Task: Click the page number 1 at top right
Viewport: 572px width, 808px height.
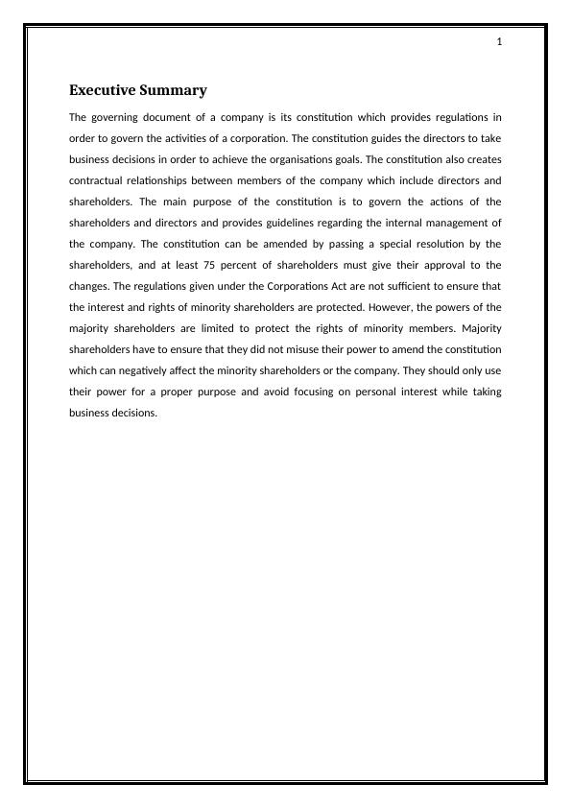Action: pos(500,41)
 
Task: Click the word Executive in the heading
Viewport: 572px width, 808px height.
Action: pos(103,90)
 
